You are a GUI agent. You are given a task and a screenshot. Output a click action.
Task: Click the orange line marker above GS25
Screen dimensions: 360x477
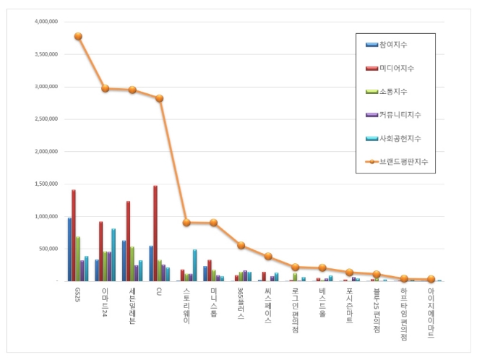point(78,36)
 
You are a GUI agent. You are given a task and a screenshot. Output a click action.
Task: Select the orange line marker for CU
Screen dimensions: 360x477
point(159,98)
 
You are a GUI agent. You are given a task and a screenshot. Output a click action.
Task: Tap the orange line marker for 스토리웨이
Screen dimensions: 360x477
point(186,223)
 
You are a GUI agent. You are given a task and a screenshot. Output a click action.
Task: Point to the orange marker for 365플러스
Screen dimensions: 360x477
point(241,245)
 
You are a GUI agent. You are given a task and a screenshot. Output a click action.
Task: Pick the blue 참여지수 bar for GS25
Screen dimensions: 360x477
point(69,249)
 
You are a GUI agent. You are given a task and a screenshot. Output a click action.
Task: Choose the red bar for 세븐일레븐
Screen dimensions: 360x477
point(128,241)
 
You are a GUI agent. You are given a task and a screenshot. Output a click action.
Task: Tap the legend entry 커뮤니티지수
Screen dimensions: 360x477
point(400,114)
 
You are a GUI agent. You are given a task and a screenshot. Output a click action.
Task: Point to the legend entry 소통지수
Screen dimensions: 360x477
point(392,91)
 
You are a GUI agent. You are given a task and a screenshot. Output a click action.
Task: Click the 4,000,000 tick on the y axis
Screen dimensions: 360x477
point(46,22)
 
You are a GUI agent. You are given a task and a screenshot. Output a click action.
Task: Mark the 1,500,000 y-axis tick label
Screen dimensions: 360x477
point(46,184)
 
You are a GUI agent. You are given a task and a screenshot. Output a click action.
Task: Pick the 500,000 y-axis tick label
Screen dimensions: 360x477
point(48,249)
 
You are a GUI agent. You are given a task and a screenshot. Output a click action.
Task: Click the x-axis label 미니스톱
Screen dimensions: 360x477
point(213,301)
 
